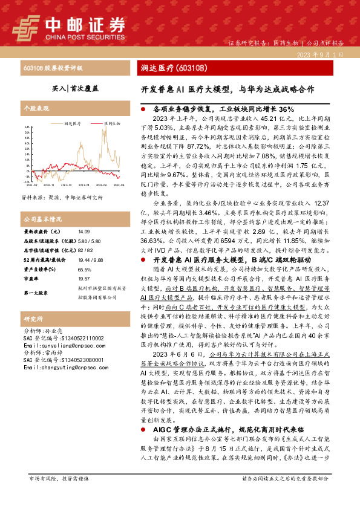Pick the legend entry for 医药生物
(111, 123)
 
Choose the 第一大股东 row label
(38, 293)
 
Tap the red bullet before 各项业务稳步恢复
(143, 109)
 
